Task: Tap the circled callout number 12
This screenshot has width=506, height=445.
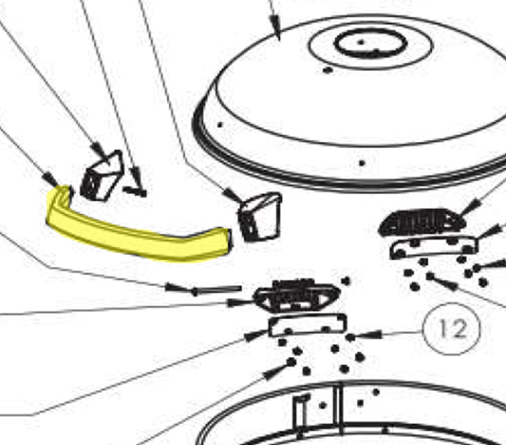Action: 452,329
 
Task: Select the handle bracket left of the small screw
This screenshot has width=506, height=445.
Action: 102,176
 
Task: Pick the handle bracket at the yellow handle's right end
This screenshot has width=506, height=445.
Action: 260,217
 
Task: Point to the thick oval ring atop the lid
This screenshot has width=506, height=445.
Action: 371,43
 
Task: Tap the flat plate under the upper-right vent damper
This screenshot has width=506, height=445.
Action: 434,247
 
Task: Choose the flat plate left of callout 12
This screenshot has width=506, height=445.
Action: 307,325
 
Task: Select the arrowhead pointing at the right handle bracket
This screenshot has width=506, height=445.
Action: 232,195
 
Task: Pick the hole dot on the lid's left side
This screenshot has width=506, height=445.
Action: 220,124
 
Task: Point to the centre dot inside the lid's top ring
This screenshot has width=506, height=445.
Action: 361,42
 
